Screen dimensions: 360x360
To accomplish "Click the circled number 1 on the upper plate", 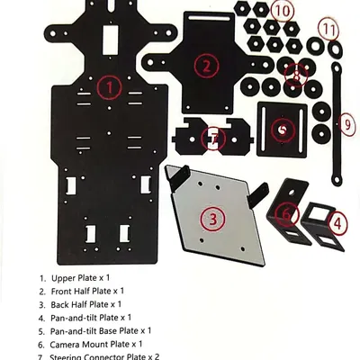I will (x=108, y=87).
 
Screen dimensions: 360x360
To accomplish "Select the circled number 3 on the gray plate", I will (x=211, y=219).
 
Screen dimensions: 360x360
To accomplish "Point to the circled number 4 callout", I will (x=337, y=220).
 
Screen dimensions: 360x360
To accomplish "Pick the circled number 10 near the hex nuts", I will (x=282, y=11).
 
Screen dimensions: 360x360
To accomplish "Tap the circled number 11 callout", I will (x=331, y=29).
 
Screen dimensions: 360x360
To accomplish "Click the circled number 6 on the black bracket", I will (x=287, y=213).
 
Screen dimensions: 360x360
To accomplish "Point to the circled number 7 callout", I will (x=212, y=139).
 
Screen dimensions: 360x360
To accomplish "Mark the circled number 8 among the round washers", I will (x=301, y=69).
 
